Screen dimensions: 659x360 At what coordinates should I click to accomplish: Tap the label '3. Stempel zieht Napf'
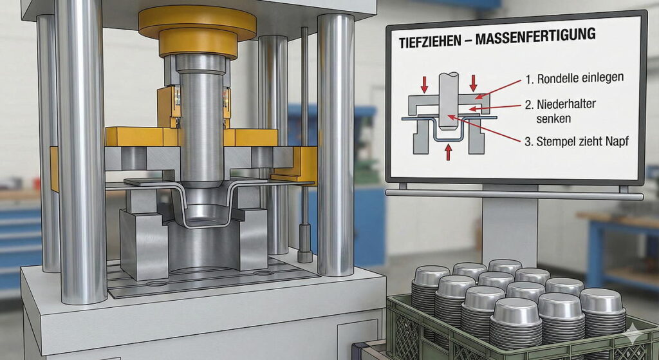click(x=577, y=141)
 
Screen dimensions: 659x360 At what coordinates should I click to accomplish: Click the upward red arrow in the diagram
click(x=449, y=152)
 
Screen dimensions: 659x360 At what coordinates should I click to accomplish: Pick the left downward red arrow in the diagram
click(x=425, y=84)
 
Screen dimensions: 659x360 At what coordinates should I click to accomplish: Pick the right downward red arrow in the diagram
click(x=474, y=83)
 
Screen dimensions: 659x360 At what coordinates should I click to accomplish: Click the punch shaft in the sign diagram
click(x=449, y=101)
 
